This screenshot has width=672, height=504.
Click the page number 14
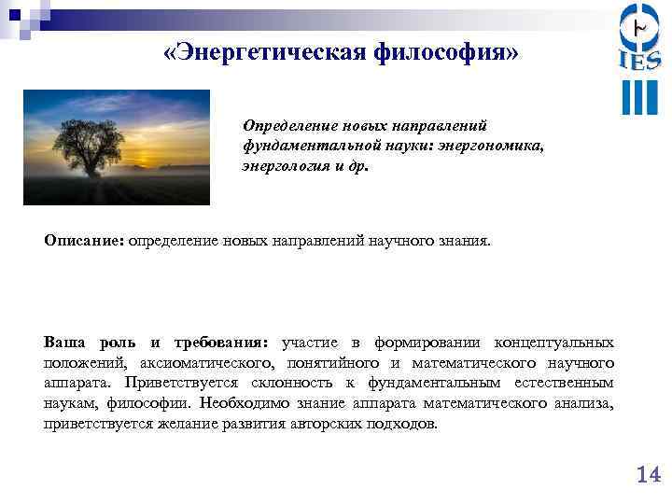[648, 475]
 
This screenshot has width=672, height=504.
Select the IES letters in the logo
[639, 61]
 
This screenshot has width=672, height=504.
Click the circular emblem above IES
[639, 25]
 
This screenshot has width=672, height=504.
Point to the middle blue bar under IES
[639, 97]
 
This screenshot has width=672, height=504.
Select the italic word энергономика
[497, 147]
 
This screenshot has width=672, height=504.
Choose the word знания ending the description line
[464, 241]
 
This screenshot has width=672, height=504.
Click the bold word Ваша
[64, 341]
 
